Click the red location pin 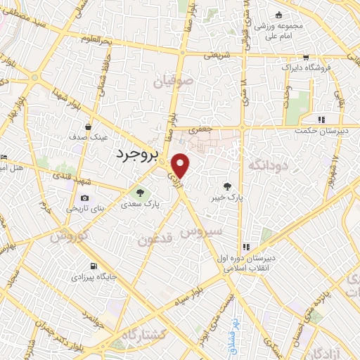tap(181, 165)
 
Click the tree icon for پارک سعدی tap(141, 192)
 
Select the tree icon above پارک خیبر tap(226, 186)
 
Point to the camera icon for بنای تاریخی tap(85, 199)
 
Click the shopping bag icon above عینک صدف tap(88, 127)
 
